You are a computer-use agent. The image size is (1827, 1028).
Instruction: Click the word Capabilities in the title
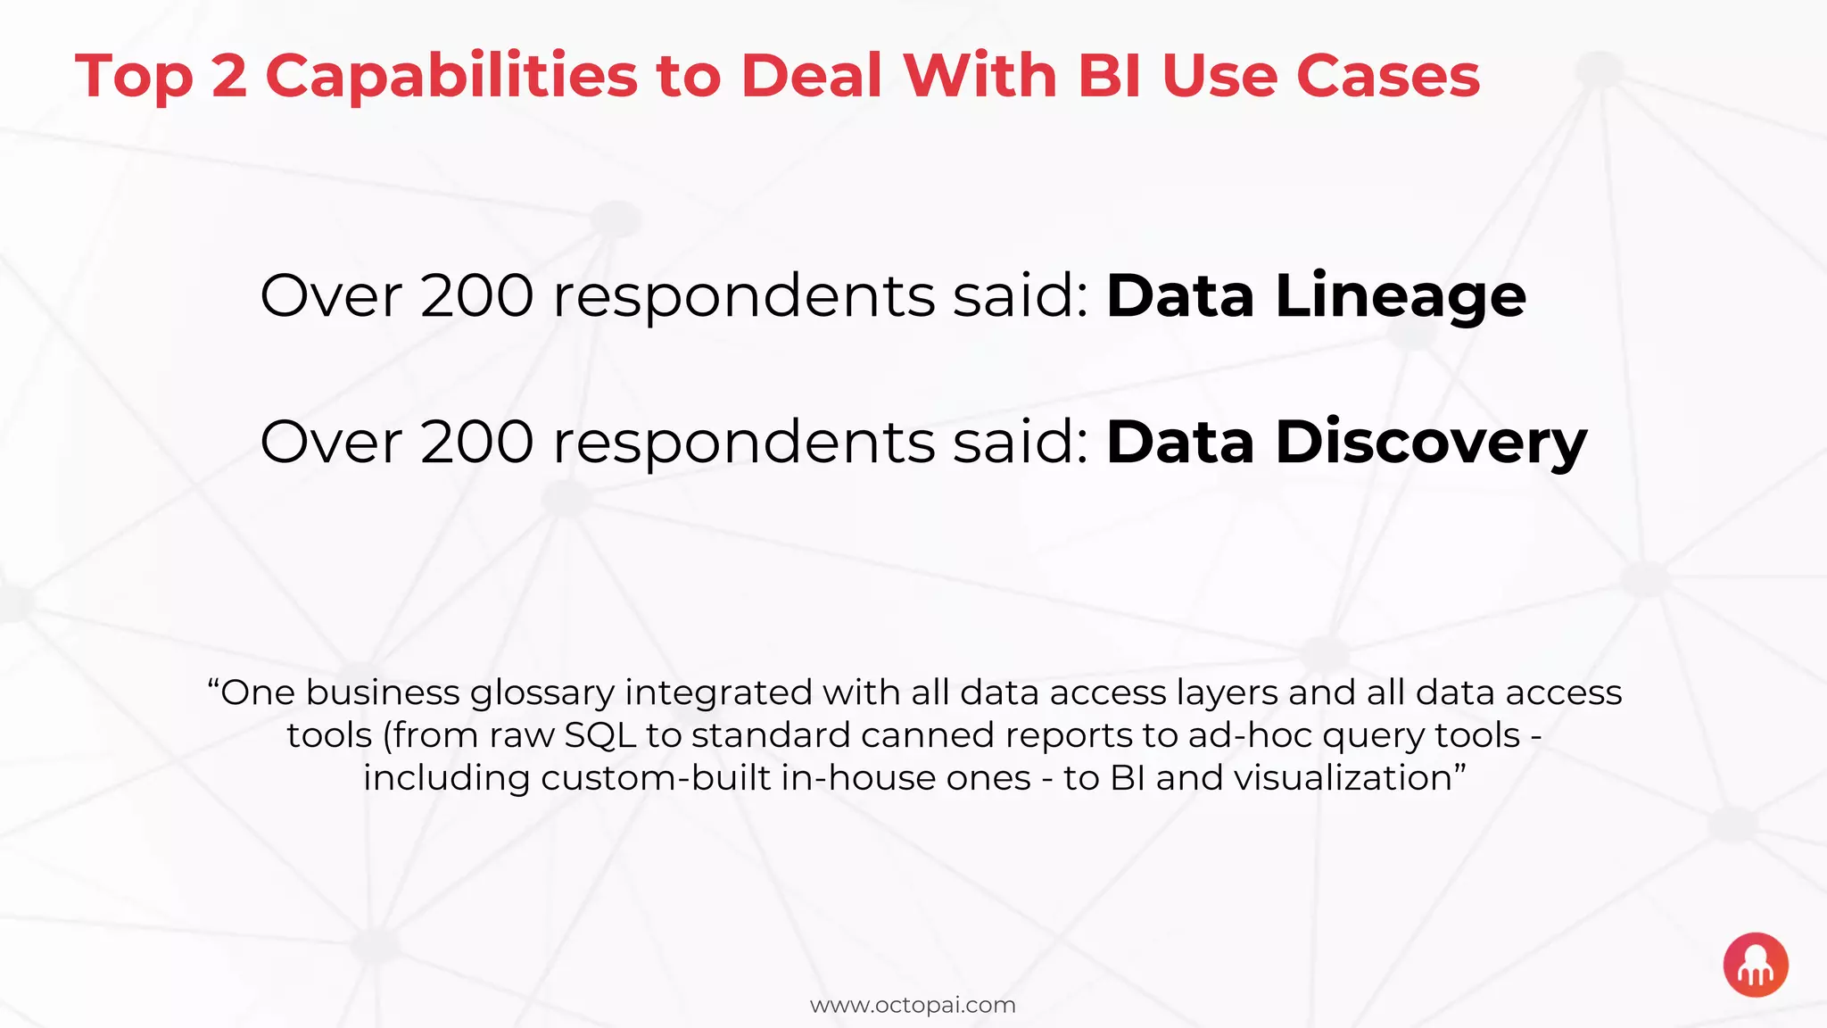pos(451,77)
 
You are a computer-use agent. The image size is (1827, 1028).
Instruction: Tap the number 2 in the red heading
pos(229,77)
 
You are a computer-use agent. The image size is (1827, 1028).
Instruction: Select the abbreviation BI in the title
pos(1109,77)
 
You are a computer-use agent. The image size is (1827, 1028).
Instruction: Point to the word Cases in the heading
pos(1388,77)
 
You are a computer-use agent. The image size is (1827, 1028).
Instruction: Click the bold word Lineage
pos(1401,297)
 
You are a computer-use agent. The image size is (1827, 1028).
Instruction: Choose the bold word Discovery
pos(1431,444)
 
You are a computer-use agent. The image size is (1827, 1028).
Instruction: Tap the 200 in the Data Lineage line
pos(477,297)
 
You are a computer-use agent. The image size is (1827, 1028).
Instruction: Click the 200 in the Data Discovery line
pos(477,444)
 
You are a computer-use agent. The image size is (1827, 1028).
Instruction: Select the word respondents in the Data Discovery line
pos(743,444)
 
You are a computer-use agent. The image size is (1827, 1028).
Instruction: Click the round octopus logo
pos(1756,965)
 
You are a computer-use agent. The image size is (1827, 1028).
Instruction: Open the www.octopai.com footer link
pos(913,1006)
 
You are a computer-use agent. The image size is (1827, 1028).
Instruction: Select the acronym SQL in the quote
pos(600,736)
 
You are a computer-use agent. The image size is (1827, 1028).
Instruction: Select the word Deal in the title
pos(811,77)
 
